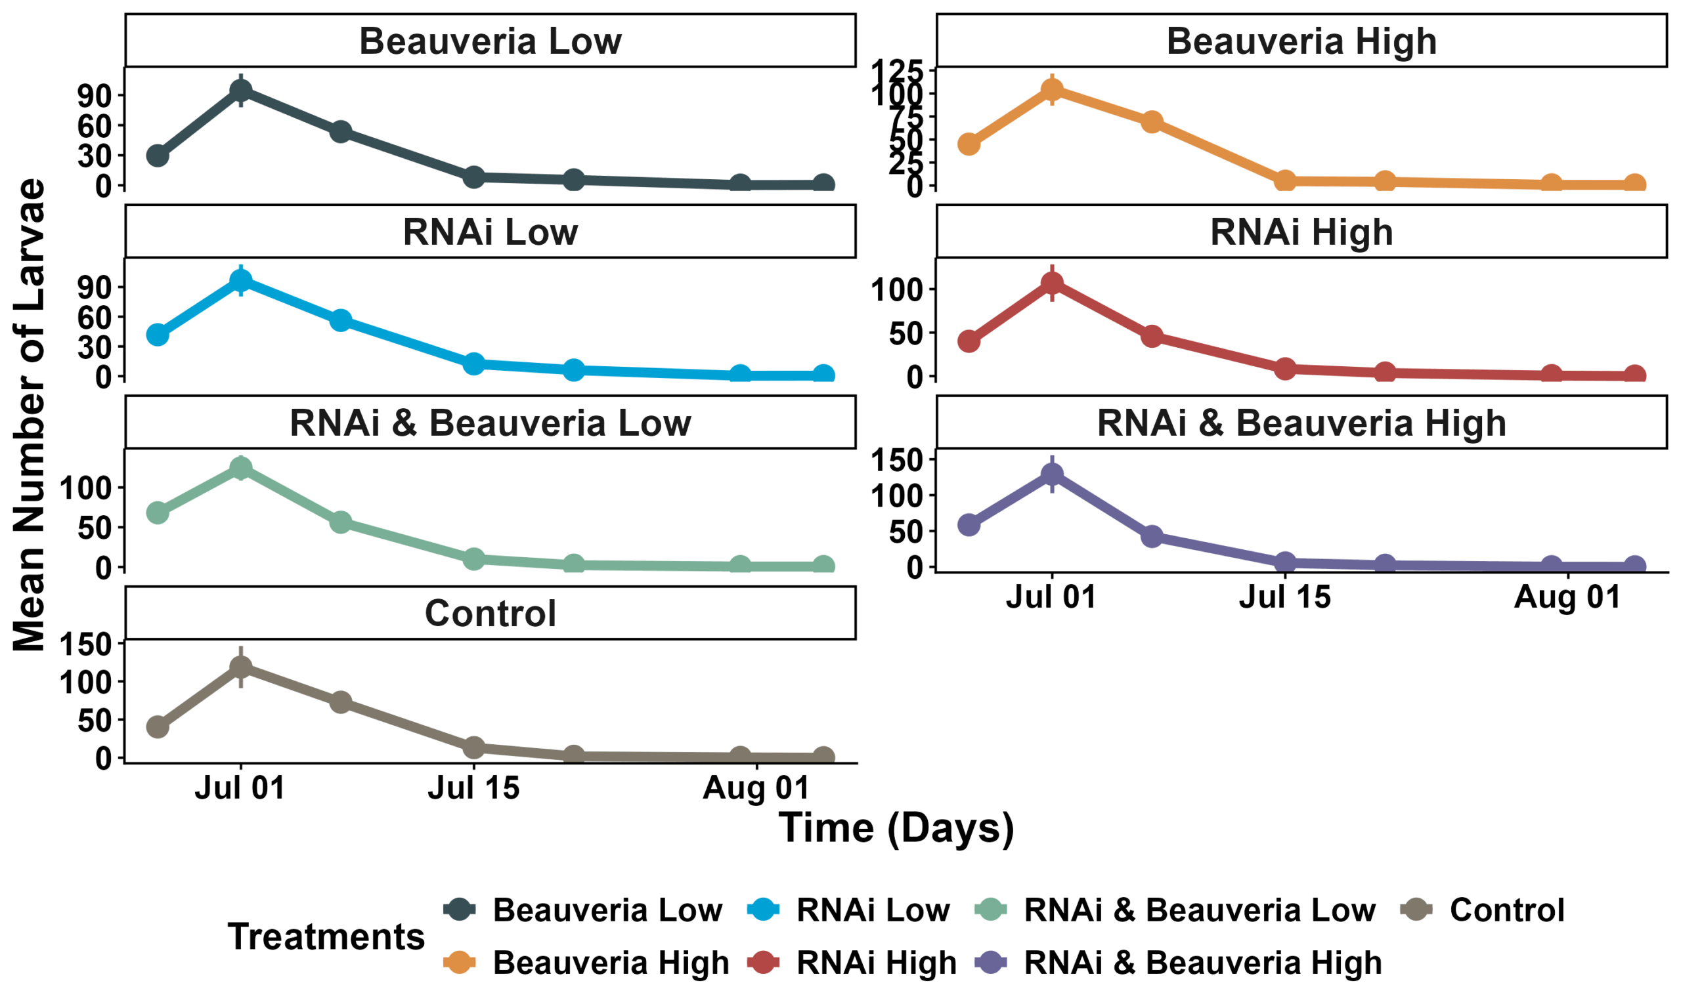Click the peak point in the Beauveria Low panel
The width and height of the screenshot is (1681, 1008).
coord(240,91)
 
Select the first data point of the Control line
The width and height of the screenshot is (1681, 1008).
coord(158,726)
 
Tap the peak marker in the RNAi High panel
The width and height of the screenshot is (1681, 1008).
coord(1052,283)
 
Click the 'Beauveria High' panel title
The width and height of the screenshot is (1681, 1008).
coord(1301,41)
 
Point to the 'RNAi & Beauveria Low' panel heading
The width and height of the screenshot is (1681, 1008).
coord(490,423)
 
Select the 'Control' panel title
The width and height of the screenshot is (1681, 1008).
coord(490,614)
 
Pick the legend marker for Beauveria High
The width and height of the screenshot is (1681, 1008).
coord(459,963)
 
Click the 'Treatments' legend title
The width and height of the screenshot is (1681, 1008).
coord(326,936)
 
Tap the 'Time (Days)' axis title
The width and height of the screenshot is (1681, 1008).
coord(896,828)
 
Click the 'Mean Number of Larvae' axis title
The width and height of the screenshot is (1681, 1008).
coord(29,414)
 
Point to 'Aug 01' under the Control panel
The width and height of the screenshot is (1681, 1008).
coord(756,788)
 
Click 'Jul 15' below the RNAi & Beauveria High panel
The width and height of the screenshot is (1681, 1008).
coord(1285,597)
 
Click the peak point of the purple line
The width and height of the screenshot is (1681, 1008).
coord(1052,473)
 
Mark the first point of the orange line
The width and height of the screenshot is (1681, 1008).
coord(969,144)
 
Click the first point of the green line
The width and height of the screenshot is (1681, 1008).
coord(158,512)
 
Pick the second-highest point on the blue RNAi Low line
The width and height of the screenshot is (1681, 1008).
coord(340,320)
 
